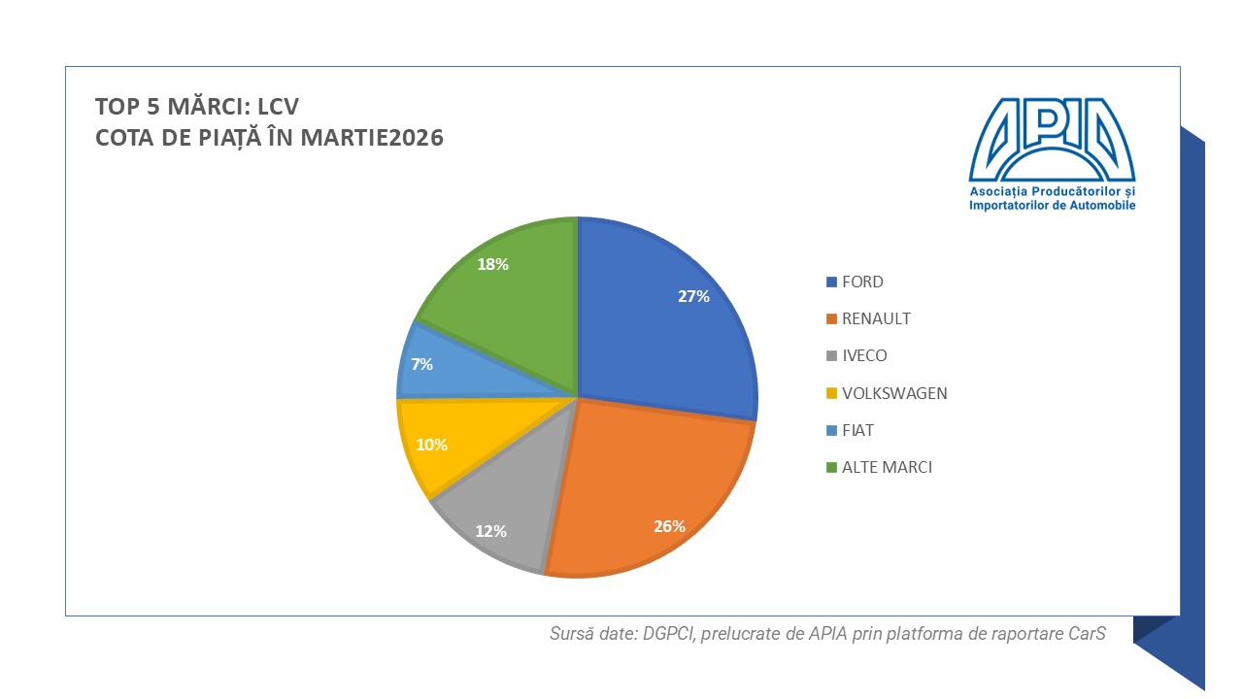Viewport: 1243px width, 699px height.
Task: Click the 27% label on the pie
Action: [693, 296]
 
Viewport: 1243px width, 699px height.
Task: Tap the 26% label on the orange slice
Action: [669, 526]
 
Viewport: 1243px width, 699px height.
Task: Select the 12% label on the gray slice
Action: [491, 531]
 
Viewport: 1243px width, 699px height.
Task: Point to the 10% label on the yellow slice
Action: [432, 445]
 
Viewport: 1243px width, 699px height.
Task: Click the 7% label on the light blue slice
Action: [421, 364]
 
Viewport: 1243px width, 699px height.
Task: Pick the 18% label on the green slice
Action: [492, 264]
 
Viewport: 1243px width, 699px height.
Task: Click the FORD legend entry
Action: [862, 282]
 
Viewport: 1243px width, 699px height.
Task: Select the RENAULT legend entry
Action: [876, 318]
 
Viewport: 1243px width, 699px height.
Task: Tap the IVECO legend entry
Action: [864, 355]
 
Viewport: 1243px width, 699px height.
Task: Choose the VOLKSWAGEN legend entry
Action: [894, 393]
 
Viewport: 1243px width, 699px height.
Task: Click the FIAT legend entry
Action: [857, 430]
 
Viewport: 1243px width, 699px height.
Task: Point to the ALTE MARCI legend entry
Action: [887, 467]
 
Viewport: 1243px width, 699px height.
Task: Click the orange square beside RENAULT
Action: [831, 319]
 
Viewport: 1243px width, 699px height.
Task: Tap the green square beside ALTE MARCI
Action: [831, 468]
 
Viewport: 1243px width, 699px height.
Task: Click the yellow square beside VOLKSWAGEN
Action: [831, 393]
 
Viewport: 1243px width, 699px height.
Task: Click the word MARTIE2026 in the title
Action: [372, 138]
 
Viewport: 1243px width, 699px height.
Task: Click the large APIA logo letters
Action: [1052, 140]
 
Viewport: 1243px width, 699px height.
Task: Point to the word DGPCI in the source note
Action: [668, 634]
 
